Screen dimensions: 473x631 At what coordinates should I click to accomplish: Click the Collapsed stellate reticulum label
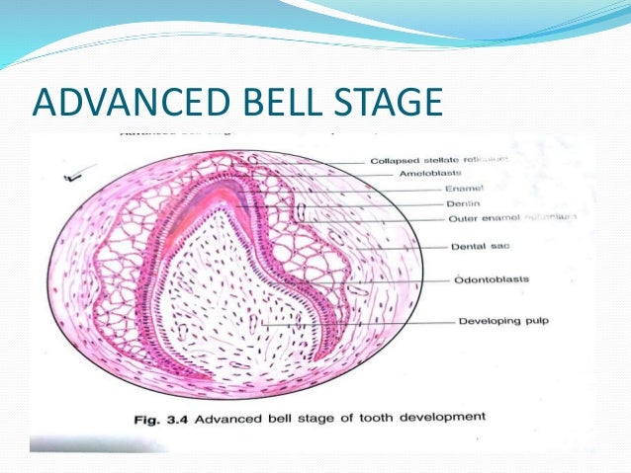click(x=440, y=159)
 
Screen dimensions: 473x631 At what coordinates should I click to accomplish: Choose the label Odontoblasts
click(x=491, y=279)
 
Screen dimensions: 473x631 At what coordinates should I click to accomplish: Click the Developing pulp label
click(x=503, y=321)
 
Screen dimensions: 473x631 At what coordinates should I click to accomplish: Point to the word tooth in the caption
click(x=366, y=418)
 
